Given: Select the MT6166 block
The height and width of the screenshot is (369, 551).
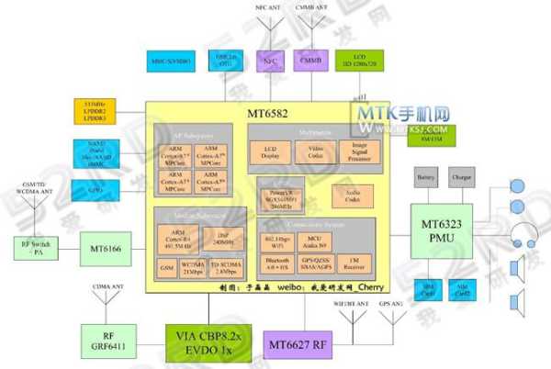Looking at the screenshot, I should tap(108, 248).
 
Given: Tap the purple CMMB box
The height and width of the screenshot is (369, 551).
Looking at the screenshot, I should tap(313, 61).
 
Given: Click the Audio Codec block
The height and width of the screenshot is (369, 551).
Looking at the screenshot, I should tap(351, 195).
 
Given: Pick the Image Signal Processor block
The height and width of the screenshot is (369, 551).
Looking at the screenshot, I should tap(358, 152).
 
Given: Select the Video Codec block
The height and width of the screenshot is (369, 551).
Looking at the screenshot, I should tap(315, 152).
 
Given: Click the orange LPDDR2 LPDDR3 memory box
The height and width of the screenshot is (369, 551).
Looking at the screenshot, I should tap(94, 113).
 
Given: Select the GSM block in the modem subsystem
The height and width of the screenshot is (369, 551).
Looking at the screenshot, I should tap(167, 266).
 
